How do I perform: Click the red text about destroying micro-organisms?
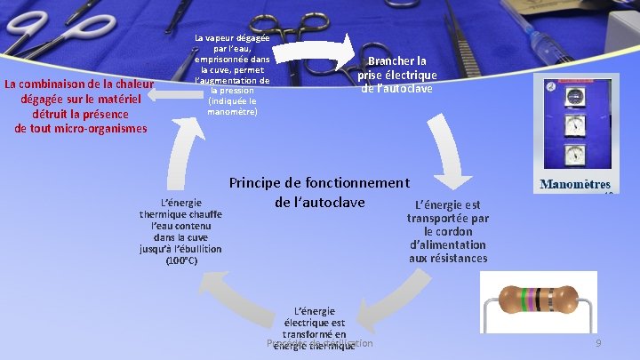tap(80, 107)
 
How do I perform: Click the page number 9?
tap(599, 343)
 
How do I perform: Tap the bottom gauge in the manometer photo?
tap(575, 155)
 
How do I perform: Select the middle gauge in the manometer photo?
tap(575, 125)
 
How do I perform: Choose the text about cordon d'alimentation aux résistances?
tap(447, 231)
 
